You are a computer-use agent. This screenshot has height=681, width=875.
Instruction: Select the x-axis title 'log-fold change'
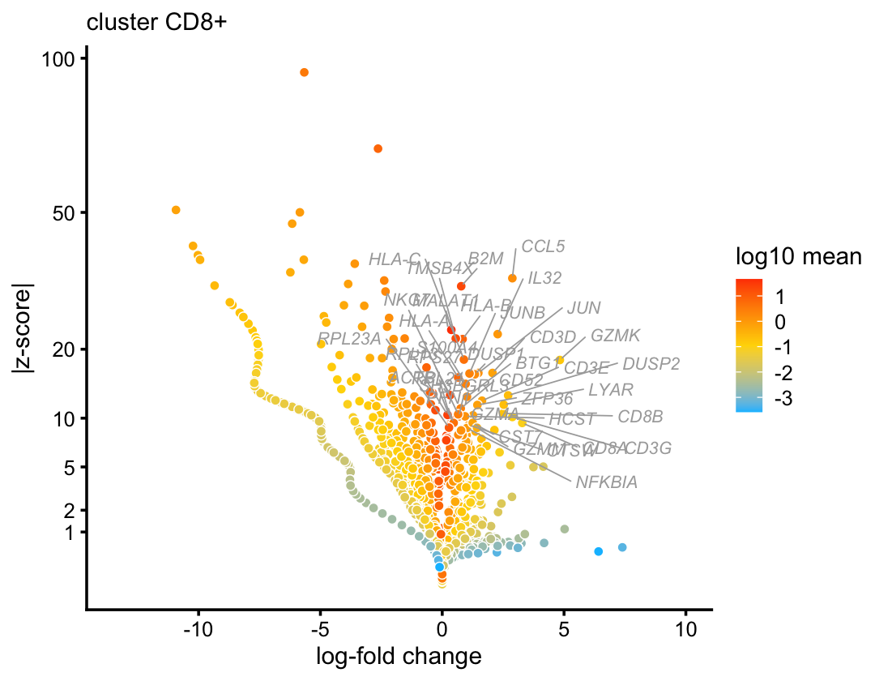coord(399,655)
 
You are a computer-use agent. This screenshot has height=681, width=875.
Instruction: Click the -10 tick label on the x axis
coord(197,629)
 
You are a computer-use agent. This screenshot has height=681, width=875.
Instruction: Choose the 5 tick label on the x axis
coord(564,629)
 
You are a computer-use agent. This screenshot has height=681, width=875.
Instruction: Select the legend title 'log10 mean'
coord(798,258)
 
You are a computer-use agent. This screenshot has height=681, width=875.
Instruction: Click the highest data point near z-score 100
coord(304,72)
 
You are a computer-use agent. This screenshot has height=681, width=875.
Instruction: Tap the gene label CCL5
coord(543,246)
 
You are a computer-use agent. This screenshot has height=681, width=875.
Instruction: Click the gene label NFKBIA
coord(607,482)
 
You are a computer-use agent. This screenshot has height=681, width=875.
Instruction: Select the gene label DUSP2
coord(651,364)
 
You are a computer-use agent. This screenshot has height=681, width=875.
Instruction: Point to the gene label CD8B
coord(640,417)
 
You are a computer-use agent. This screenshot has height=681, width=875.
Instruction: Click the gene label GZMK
coord(616,335)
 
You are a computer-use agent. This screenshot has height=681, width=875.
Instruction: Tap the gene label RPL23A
coord(349,338)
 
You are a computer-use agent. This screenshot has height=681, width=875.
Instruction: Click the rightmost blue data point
coord(622,547)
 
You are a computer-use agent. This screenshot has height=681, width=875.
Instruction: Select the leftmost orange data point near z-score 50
coord(176,210)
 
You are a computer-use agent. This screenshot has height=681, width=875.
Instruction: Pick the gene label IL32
coord(544,278)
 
